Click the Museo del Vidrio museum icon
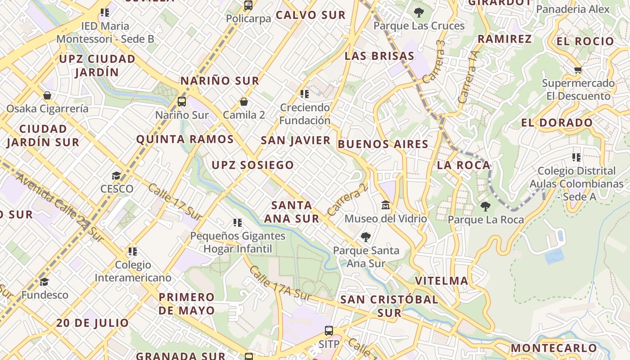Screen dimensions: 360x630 pyautogui.click(x=386, y=206)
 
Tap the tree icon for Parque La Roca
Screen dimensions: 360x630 pyautogui.click(x=485, y=207)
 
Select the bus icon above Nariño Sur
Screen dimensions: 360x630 pyautogui.click(x=182, y=102)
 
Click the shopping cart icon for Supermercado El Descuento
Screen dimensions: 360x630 pyautogui.click(x=578, y=70)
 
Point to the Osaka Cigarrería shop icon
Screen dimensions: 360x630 pyautogui.click(x=47, y=95)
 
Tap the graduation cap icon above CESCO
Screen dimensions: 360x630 pyautogui.click(x=117, y=175)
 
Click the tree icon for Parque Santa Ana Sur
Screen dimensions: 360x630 pyautogui.click(x=366, y=237)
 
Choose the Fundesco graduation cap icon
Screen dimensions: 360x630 pyautogui.click(x=44, y=282)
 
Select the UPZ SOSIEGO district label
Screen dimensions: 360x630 pyautogui.click(x=253, y=165)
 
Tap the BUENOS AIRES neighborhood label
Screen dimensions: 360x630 pyautogui.click(x=383, y=144)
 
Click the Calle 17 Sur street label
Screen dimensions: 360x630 pyautogui.click(x=175, y=202)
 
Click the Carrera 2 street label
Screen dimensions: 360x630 pyautogui.click(x=348, y=200)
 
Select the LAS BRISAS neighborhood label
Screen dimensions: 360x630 pyautogui.click(x=379, y=56)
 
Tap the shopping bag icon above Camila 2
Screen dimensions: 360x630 pyautogui.click(x=244, y=102)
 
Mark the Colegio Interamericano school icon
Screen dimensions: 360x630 pyautogui.click(x=132, y=251)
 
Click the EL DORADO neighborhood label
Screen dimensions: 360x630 pyautogui.click(x=557, y=123)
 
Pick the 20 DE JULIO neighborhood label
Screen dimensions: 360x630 pyautogui.click(x=93, y=323)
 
